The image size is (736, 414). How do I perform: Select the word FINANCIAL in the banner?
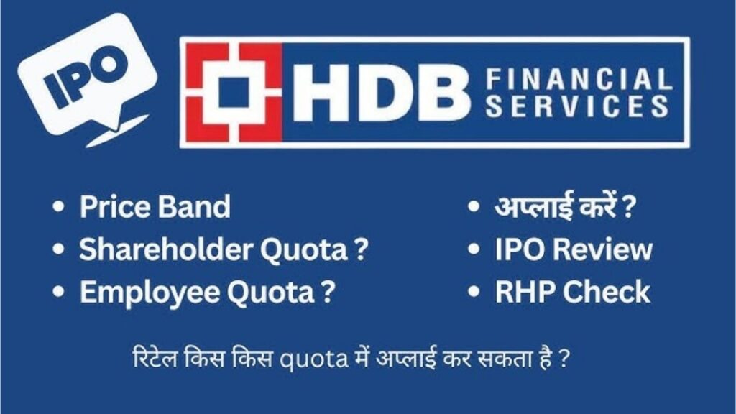(578, 78)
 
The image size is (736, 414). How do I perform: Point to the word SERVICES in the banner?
(578, 108)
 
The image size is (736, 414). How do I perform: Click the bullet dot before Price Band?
(59, 208)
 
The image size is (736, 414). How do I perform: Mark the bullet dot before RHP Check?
(474, 293)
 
